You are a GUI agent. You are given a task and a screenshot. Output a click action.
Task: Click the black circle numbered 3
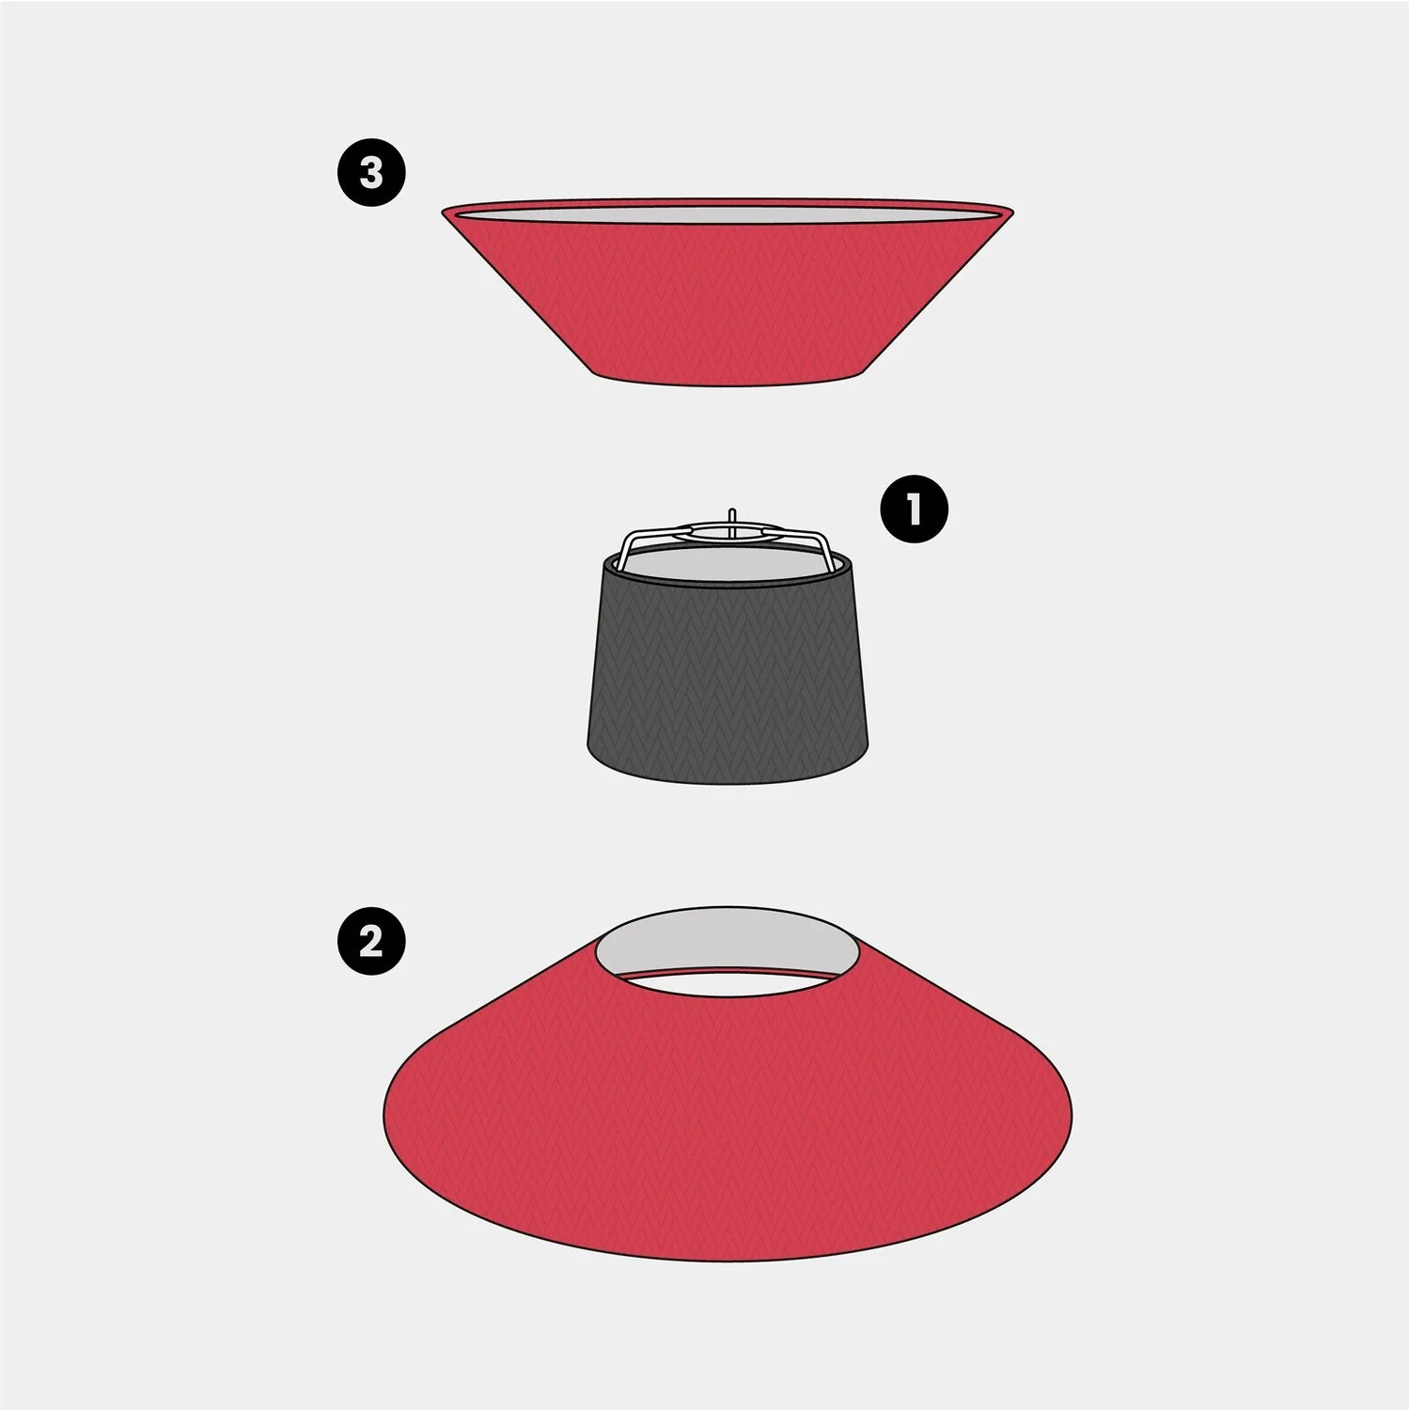[x=371, y=173]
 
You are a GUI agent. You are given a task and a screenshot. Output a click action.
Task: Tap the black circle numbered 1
[x=914, y=509]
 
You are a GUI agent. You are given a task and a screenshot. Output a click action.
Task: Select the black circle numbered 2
[x=371, y=939]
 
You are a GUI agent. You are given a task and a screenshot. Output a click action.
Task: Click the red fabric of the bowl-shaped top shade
[x=728, y=301]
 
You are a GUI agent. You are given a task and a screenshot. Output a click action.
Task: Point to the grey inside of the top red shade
[x=728, y=215]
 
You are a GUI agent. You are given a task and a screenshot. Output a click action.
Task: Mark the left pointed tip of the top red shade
[x=443, y=211]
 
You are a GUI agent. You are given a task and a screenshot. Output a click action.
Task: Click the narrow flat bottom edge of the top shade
[x=728, y=382]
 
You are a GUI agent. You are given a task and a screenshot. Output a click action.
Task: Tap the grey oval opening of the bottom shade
[x=728, y=945]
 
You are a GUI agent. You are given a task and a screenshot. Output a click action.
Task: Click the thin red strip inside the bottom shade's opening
[x=728, y=971]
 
